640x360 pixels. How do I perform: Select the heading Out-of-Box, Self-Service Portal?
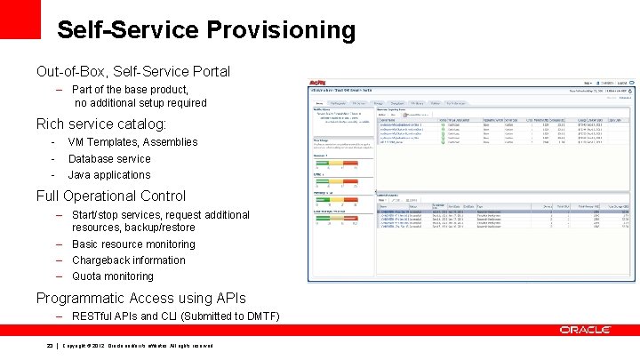pos(132,71)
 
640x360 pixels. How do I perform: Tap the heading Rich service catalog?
pos(100,124)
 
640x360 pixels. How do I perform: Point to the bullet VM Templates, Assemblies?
pos(132,142)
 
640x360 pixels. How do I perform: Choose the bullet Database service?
pos(109,159)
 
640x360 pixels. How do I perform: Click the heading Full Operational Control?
pos(110,196)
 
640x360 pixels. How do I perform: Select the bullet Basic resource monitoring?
pos(133,244)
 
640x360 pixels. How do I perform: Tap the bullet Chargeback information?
pos(128,260)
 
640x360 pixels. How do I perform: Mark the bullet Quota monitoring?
pos(112,276)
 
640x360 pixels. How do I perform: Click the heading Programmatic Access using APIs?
pos(140,299)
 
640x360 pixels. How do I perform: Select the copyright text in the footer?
pos(137,346)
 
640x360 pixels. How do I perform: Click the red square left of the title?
pos(20,19)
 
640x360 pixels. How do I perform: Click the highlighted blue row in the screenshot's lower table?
pos(498,212)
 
